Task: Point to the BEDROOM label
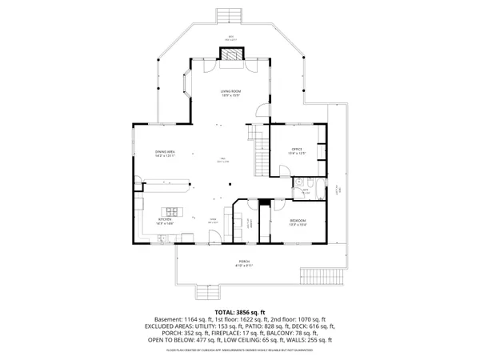pos(298,221)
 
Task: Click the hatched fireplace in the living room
pos(231,54)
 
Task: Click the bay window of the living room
pos(186,83)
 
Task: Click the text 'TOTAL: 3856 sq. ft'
pos(239,311)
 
